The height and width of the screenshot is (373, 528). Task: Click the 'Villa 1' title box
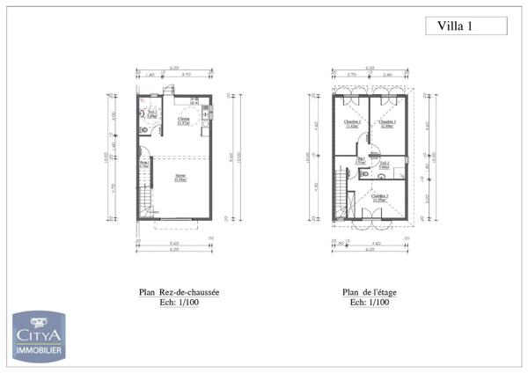(x=455, y=26)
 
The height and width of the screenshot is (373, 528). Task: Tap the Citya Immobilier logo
(x=40, y=333)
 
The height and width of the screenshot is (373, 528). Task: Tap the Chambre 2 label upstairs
(x=351, y=123)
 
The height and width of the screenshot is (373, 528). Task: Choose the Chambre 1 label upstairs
(x=387, y=123)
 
